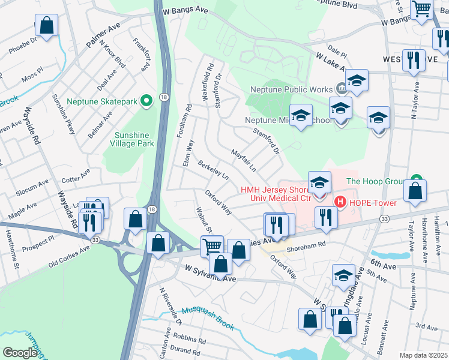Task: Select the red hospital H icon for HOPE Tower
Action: pyautogui.click(x=340, y=202)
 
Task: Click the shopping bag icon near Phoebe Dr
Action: pyautogui.click(x=46, y=26)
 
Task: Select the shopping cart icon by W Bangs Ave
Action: pyautogui.click(x=422, y=10)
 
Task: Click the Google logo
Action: pyautogui.click(x=20, y=353)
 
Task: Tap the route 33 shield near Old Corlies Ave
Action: pyautogui.click(x=95, y=239)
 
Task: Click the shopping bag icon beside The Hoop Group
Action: pyautogui.click(x=415, y=191)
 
